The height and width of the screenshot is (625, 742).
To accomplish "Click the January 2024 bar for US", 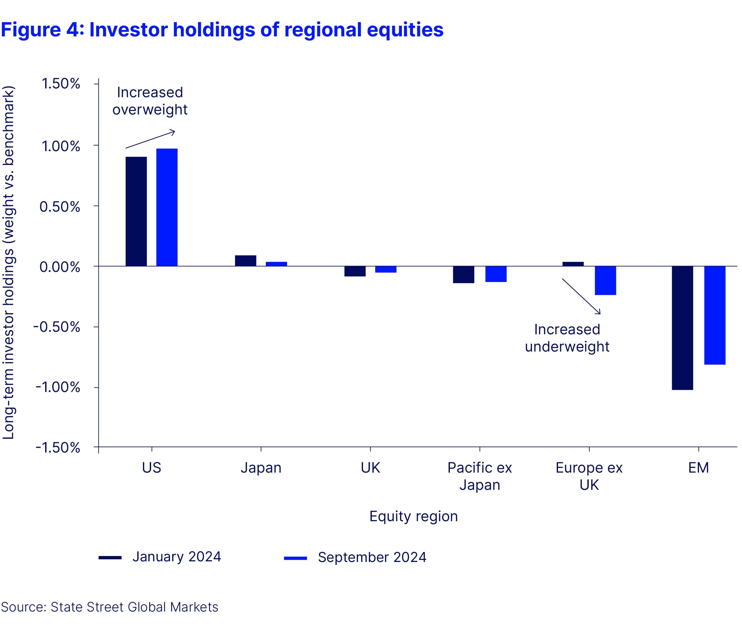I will click(x=136, y=212).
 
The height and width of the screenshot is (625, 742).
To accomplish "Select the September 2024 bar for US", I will click(x=167, y=207).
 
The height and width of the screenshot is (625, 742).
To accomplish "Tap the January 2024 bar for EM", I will click(x=682, y=328).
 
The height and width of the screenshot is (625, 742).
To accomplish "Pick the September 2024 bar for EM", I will click(x=715, y=315).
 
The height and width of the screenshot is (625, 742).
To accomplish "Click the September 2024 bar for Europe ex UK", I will click(x=605, y=281).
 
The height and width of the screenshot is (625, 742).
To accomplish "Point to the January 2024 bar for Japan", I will click(x=245, y=261).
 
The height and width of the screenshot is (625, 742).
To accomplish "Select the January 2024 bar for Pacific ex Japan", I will click(x=463, y=275).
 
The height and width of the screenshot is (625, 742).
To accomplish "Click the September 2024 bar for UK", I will click(x=386, y=269).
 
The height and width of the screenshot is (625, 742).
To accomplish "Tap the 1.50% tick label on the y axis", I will click(x=61, y=84).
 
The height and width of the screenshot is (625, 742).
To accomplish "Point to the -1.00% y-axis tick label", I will click(x=58, y=387).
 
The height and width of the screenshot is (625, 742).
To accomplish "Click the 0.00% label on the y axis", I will click(x=60, y=267).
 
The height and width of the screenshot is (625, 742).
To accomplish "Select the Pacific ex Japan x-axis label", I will click(x=480, y=476).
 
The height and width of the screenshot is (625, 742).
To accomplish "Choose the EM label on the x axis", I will click(x=698, y=468).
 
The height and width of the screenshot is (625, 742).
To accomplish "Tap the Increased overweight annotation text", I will click(x=150, y=101).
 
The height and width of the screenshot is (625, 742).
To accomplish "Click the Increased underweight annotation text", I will click(x=567, y=338).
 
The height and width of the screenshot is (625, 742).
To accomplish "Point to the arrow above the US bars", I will click(x=150, y=139).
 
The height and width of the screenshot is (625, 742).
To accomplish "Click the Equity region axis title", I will click(x=413, y=516).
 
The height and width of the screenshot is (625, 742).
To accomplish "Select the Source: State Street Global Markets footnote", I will click(x=109, y=607).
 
